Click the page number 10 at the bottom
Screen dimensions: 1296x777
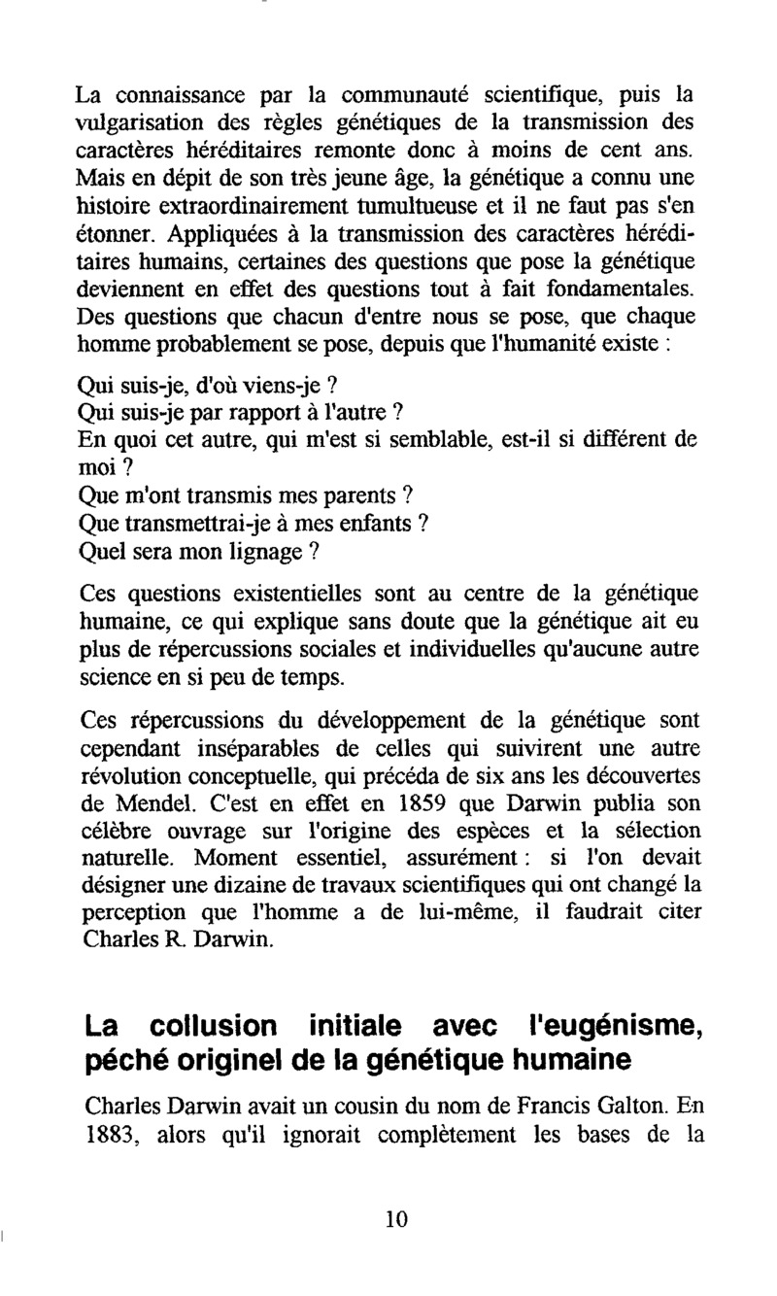coord(395,1221)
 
